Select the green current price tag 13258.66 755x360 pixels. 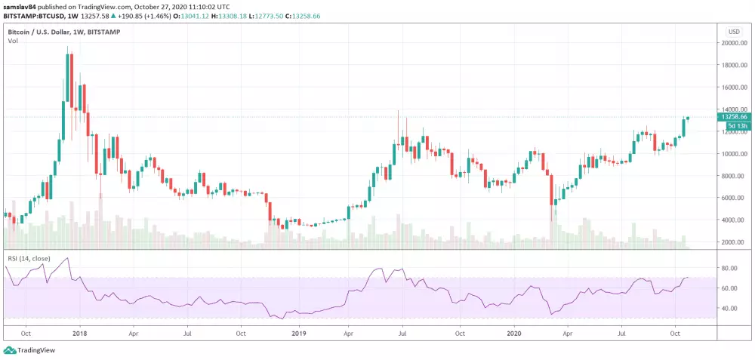[733, 117]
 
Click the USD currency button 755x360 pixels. [733, 32]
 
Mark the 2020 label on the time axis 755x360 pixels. [514, 332]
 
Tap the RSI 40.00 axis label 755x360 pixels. [729, 308]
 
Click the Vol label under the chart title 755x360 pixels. [13, 41]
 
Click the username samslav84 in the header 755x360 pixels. [20, 5]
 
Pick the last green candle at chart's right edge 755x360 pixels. [688, 118]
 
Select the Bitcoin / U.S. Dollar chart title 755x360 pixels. [63, 32]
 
